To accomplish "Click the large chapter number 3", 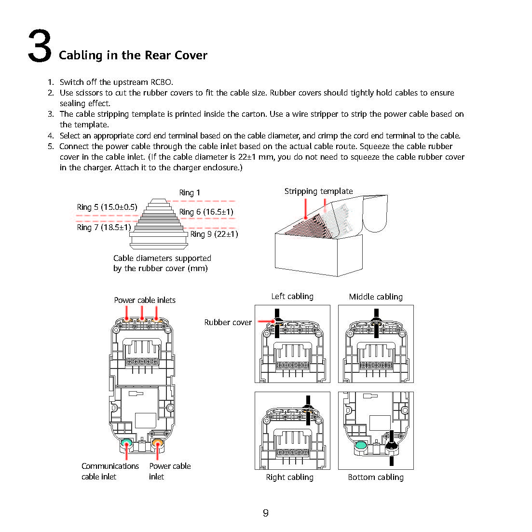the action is point(40,46).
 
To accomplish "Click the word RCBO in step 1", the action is point(162,82).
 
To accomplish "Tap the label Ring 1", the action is point(190,193).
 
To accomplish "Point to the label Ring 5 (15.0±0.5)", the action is point(107,207).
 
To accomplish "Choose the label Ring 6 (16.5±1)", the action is point(206,212).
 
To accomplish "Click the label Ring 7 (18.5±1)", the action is point(104,227).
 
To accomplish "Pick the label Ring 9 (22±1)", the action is point(214,234).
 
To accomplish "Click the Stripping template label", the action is point(319,191).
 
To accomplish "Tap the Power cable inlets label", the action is point(145,300).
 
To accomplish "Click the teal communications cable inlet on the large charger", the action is point(126,443).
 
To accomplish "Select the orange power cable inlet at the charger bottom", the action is point(157,443).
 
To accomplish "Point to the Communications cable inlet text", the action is point(110,471).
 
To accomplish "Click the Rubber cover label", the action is point(228,322).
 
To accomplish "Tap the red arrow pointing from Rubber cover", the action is point(266,321).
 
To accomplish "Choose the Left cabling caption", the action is point(292,297).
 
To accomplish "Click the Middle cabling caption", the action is point(376,297).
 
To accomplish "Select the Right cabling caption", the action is point(290,477).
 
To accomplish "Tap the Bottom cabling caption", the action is point(376,477).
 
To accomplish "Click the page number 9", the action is point(266,513).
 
